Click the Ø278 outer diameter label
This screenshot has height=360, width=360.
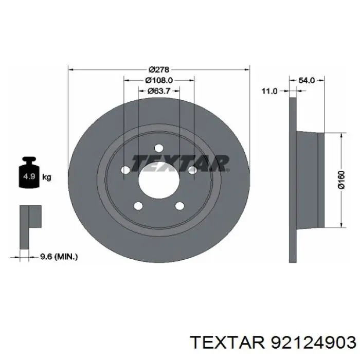[159, 69]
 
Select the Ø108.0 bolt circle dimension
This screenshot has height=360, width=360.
[159, 80]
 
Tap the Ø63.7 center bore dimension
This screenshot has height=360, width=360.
[159, 91]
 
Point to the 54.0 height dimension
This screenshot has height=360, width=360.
[307, 80]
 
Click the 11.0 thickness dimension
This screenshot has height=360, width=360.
[270, 91]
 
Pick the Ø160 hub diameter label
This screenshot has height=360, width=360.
[341, 180]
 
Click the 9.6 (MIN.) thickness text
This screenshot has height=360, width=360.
[59, 257]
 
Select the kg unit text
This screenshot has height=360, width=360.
[47, 177]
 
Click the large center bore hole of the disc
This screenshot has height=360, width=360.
[159, 181]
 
